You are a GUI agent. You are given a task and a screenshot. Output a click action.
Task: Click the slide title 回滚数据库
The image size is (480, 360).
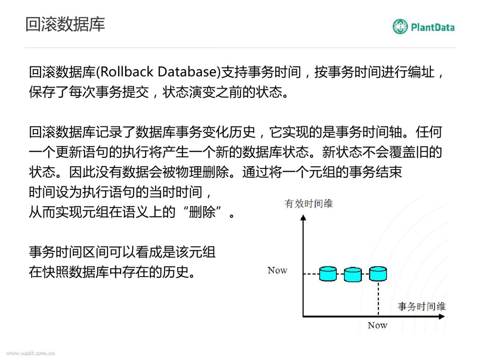click(x=65, y=24)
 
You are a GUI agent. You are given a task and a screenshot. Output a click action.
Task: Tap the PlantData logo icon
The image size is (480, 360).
click(x=400, y=27)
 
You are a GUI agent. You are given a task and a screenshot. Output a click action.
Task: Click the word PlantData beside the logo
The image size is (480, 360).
click(x=432, y=27)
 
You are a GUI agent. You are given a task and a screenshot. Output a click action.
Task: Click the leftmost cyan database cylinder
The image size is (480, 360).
click(x=328, y=273)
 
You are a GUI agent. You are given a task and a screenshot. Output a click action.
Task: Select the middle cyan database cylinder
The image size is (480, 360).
click(x=353, y=274)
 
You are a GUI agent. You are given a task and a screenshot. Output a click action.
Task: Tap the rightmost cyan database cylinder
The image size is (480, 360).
click(x=378, y=273)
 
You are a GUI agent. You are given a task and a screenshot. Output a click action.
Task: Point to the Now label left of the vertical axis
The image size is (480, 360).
click(x=277, y=270)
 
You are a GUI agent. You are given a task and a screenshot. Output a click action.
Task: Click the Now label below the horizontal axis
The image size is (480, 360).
click(x=378, y=325)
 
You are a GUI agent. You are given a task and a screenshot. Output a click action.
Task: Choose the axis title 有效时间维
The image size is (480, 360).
click(x=309, y=204)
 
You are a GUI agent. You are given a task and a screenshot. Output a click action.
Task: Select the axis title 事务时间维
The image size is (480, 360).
click(x=421, y=306)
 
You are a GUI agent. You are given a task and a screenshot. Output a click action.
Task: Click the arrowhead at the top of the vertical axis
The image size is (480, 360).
click(x=303, y=217)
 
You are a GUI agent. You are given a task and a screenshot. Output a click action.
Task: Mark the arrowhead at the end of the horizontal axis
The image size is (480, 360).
click(x=442, y=316)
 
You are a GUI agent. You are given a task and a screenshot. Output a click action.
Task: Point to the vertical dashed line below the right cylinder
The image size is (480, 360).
click(x=378, y=298)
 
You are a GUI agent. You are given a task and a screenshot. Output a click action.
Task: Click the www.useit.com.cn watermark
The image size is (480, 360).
click(x=31, y=353)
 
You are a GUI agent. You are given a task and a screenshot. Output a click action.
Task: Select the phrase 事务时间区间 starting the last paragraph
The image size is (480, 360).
click(x=69, y=252)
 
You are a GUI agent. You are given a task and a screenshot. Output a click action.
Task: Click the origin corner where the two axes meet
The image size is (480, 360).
click(x=303, y=316)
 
